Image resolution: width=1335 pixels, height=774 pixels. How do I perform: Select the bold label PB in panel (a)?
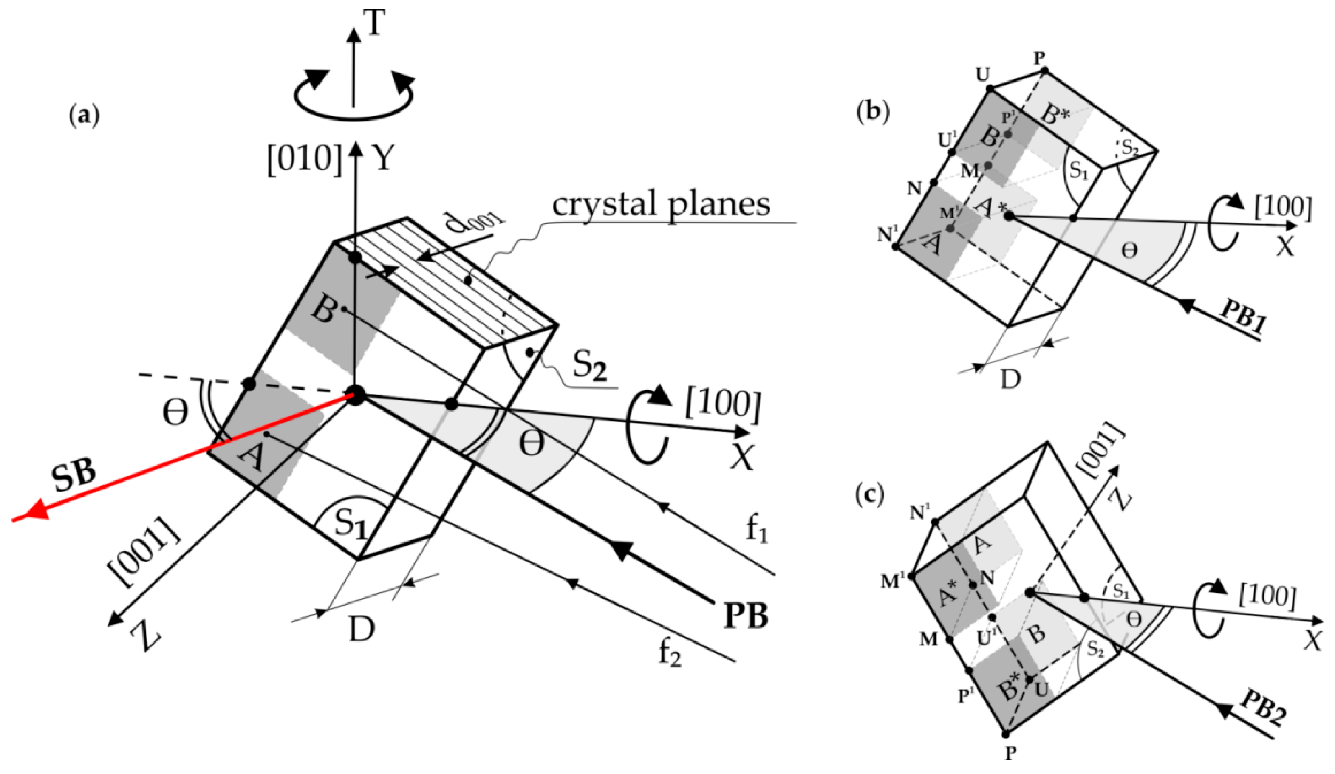coord(745,616)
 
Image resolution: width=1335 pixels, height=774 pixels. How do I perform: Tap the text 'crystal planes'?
coord(661,204)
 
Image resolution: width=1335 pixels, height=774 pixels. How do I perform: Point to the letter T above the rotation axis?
coord(375,24)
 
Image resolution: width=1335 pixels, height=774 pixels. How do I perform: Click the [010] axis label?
coord(305,158)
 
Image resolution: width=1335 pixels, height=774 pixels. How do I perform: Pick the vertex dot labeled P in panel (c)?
coord(1005,734)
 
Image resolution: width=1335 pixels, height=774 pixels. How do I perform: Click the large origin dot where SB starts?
coord(356,395)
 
